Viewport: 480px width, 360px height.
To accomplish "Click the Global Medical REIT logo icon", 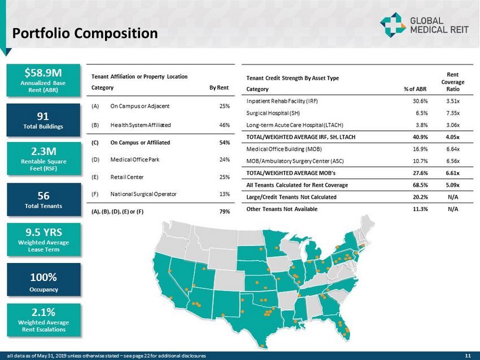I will pyautogui.click(x=391, y=25).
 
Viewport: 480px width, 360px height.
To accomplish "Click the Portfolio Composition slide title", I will pyautogui.click(x=85, y=34).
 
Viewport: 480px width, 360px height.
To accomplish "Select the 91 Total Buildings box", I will pyautogui.click(x=43, y=120).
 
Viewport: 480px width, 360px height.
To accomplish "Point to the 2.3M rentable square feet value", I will pyautogui.click(x=43, y=151).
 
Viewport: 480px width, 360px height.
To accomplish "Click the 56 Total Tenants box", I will pyautogui.click(x=43, y=200).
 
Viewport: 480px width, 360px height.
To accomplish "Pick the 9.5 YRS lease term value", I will pyautogui.click(x=43, y=232).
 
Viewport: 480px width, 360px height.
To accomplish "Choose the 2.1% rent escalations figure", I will pyautogui.click(x=43, y=312).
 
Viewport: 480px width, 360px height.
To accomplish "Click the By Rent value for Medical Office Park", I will pyautogui.click(x=224, y=159).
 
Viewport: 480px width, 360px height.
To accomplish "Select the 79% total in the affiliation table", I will pyautogui.click(x=224, y=212).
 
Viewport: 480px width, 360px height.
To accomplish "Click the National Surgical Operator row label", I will pyautogui.click(x=143, y=194).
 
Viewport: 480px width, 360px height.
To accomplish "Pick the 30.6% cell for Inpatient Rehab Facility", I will pyautogui.click(x=419, y=101).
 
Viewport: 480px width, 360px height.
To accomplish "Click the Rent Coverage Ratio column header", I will pyautogui.click(x=452, y=81).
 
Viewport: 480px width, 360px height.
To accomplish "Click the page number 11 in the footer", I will pyautogui.click(x=468, y=355).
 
